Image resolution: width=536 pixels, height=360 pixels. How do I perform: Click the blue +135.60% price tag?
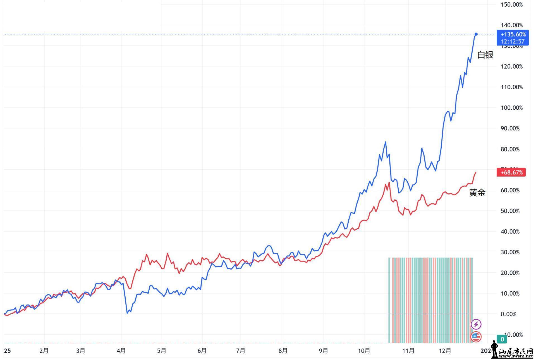[x=513, y=34]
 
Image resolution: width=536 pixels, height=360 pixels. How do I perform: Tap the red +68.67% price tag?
[x=511, y=172]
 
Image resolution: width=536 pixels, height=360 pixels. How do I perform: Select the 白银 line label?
[x=485, y=55]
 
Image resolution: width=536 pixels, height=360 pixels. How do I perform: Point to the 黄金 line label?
[x=477, y=193]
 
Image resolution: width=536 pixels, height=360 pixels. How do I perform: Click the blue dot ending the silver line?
[x=476, y=34]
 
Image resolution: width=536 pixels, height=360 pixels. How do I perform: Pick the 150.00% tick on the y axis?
[x=511, y=4]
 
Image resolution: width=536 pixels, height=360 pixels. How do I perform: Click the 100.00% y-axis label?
[x=511, y=108]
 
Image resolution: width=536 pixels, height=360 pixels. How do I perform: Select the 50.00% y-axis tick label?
[x=511, y=211]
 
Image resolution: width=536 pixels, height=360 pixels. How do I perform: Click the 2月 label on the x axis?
[x=44, y=351]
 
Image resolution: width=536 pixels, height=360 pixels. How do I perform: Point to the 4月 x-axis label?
[x=121, y=351]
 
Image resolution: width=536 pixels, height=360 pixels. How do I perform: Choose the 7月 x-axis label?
[x=240, y=351]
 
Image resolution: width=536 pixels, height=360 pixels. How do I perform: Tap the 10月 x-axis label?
[x=364, y=351]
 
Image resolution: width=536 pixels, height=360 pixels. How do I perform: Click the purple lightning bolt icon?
[x=476, y=324]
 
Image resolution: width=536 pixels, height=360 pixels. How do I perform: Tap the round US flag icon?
[x=476, y=337]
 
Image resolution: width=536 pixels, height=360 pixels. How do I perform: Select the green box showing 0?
[x=502, y=339]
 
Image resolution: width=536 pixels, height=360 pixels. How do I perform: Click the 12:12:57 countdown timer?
[x=513, y=42]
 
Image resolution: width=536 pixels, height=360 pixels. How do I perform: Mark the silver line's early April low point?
[x=127, y=313]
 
